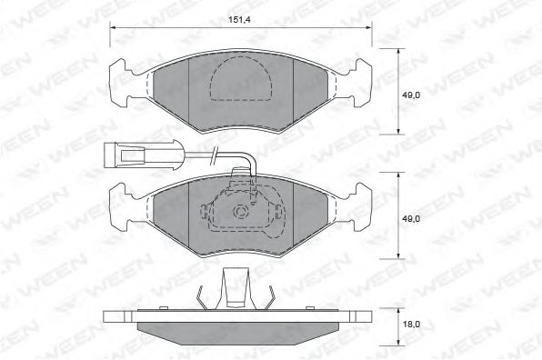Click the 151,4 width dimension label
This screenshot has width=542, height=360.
pos(239,20)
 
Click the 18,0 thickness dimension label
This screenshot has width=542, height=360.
pos(411,324)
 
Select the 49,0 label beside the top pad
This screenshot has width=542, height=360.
pos(411,95)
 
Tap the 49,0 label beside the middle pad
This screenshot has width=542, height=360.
pos(411,219)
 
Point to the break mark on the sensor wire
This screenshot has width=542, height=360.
pos(214,154)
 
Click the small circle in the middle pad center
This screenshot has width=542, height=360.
pos(240,211)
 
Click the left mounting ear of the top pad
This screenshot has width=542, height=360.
pos(121,82)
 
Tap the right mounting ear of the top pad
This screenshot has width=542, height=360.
pos(361,82)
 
